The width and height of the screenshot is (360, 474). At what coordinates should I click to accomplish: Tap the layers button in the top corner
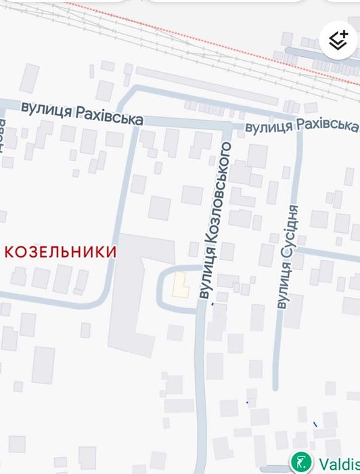click(x=338, y=40)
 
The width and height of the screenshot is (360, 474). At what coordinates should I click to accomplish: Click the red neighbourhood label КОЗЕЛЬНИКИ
click(x=61, y=252)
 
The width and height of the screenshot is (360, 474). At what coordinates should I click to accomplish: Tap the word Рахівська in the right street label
click(x=328, y=125)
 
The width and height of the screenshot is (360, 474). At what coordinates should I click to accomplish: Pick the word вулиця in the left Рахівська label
click(x=47, y=108)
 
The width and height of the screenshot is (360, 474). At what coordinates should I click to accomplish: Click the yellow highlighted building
click(x=180, y=285)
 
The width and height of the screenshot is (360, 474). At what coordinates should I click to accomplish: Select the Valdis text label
click(x=338, y=465)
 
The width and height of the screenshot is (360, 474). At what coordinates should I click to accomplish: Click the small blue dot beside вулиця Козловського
click(x=213, y=304)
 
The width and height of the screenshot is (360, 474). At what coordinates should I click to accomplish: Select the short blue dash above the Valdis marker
click(x=315, y=425)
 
